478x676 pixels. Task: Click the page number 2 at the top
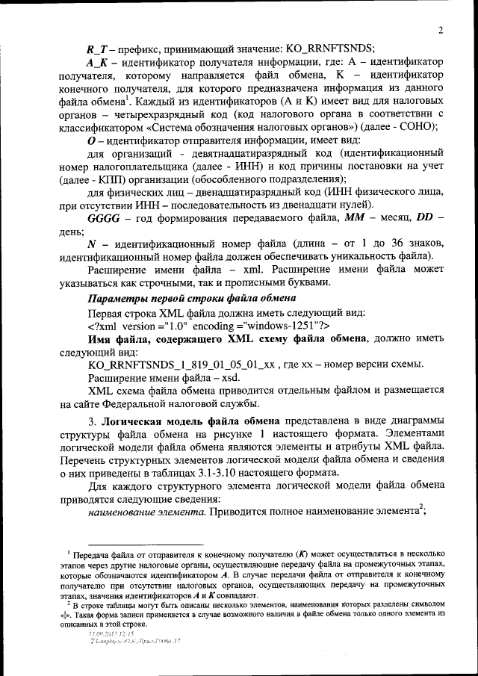click(x=441, y=31)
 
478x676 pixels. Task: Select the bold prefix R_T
click(x=97, y=49)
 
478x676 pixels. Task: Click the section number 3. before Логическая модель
click(x=93, y=418)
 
